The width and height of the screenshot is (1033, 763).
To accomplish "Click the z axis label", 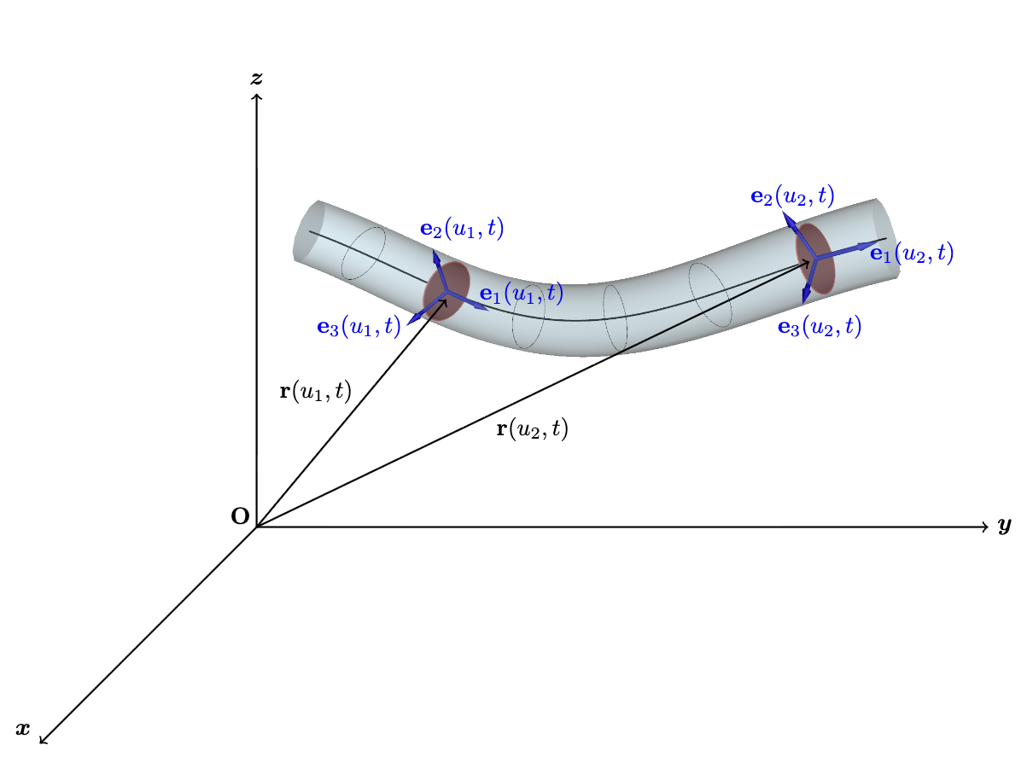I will coord(256,79).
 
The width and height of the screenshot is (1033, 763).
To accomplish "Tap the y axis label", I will coord(1004,526).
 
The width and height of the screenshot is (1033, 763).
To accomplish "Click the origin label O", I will coord(240,515).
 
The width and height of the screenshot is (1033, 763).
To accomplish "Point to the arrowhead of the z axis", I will coord(256,95).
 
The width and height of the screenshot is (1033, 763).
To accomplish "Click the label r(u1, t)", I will coord(316,392).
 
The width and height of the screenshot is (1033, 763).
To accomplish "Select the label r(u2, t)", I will coord(532,429).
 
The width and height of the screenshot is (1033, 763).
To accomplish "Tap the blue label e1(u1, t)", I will coord(521,294).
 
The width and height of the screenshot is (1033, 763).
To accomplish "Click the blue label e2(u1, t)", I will coord(462,228).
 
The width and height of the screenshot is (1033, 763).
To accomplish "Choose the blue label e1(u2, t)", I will coord(912,253).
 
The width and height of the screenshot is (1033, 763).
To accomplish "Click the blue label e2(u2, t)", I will coord(792,196).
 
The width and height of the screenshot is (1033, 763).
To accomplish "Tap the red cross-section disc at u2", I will coord(814,258).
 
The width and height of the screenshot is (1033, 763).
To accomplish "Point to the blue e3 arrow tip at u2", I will coord(805,299).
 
